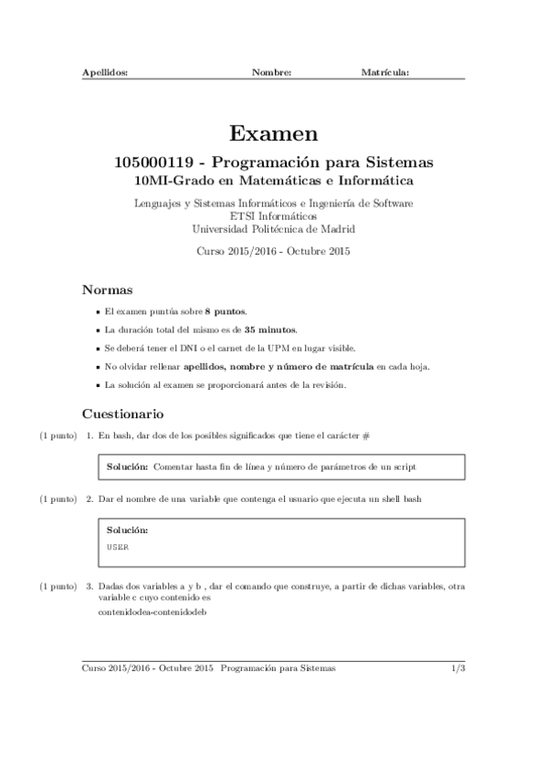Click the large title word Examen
(273, 134)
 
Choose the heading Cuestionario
(123, 413)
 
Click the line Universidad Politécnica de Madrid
(273, 229)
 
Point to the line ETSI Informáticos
(273, 216)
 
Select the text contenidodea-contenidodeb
(153, 612)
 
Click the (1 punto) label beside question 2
(58, 499)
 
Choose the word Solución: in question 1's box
(128, 466)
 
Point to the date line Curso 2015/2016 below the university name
(273, 250)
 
